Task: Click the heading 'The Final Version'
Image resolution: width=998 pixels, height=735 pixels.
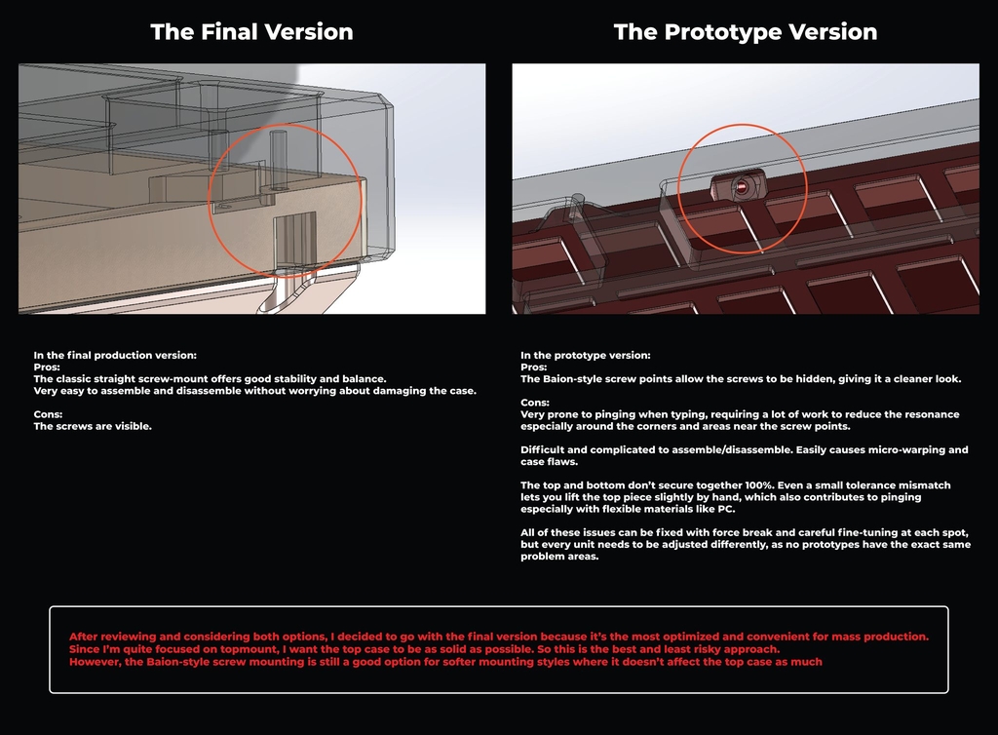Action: point(251,32)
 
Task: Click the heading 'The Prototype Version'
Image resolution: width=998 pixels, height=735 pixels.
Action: point(746,32)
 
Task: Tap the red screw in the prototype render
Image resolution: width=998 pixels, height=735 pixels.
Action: point(742,187)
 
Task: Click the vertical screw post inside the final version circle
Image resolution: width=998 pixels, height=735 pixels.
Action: point(278,161)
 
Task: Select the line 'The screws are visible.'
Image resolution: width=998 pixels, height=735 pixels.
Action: point(93,426)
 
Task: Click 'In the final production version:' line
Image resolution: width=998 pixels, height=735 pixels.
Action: point(115,355)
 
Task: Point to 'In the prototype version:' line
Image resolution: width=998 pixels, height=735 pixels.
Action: point(586,355)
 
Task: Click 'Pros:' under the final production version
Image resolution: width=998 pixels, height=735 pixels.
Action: point(47,367)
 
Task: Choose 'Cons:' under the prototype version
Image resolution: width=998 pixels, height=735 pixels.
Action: point(535,403)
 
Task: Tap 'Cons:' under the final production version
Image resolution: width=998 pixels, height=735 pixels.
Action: point(48,414)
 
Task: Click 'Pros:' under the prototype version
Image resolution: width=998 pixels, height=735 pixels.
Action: point(534,367)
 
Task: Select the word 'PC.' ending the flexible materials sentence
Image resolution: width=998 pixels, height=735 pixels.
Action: point(726,509)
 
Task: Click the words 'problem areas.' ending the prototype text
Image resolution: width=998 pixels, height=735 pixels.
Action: point(559,557)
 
